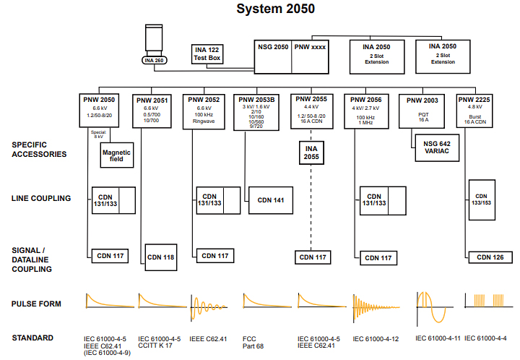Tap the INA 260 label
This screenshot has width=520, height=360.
154,60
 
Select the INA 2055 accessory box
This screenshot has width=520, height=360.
311,153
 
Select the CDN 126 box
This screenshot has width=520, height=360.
490,257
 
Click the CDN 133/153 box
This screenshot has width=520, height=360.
481,199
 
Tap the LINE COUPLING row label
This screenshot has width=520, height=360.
41,197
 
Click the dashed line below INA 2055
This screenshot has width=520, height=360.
311,210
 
